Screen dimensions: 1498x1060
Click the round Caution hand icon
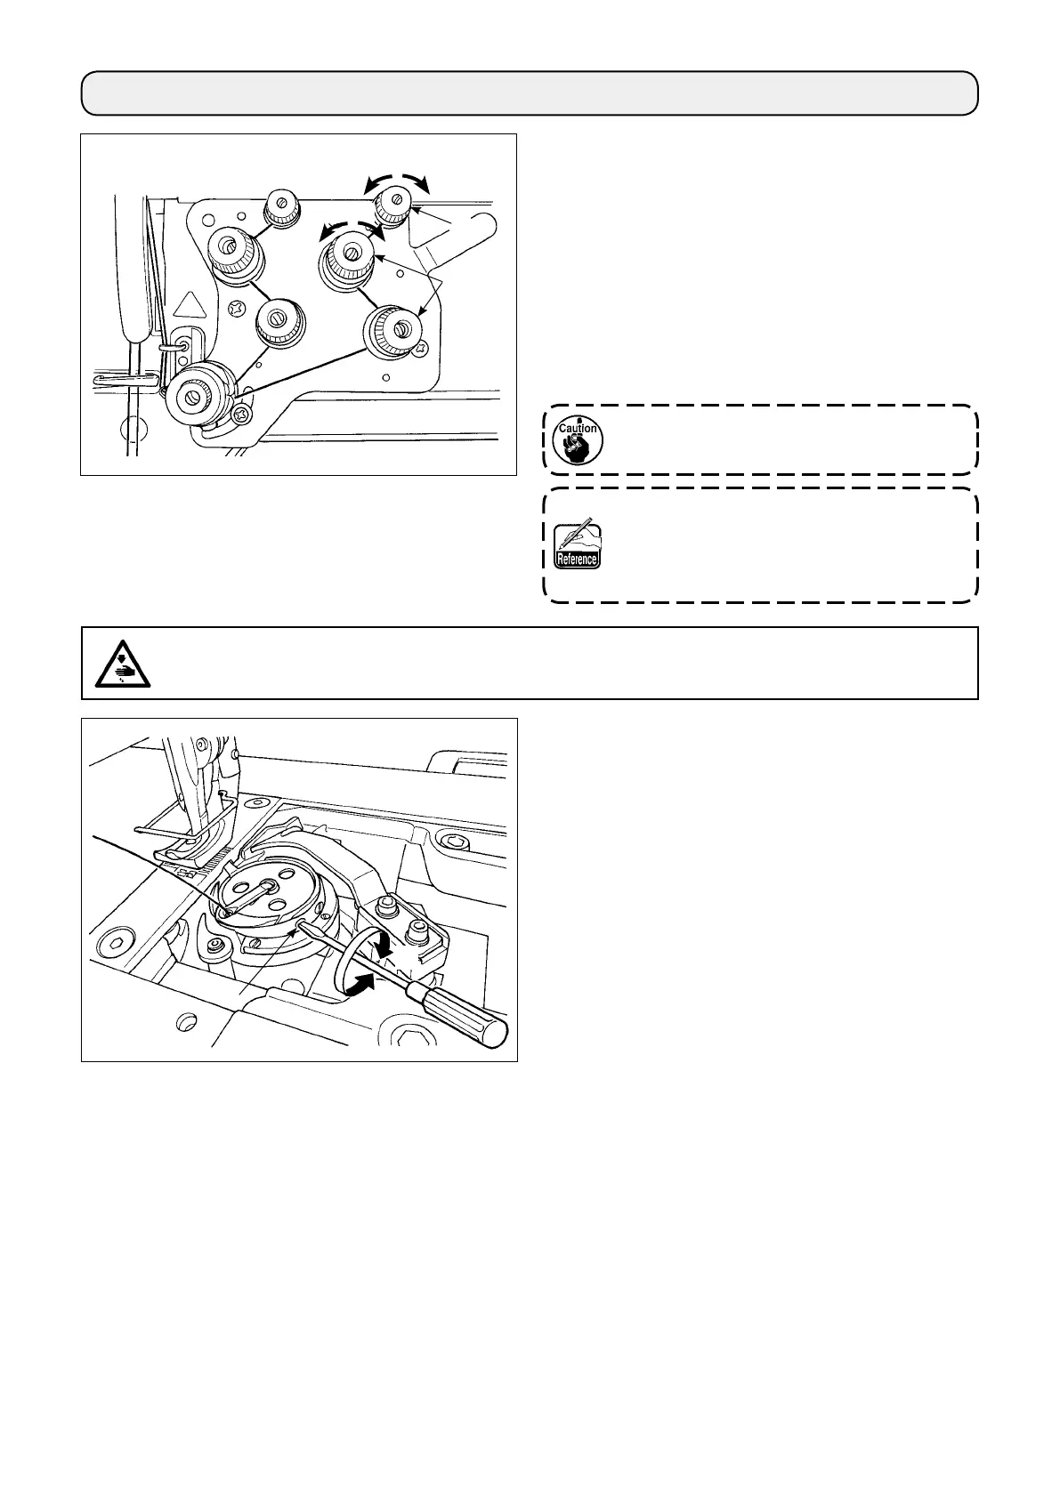click(577, 439)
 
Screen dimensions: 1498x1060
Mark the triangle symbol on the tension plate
click(188, 307)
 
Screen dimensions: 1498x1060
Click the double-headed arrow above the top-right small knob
click(395, 181)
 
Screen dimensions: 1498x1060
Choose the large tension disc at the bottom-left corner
click(193, 395)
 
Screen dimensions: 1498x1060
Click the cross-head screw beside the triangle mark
click(237, 309)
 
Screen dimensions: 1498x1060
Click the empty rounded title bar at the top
click(530, 93)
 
